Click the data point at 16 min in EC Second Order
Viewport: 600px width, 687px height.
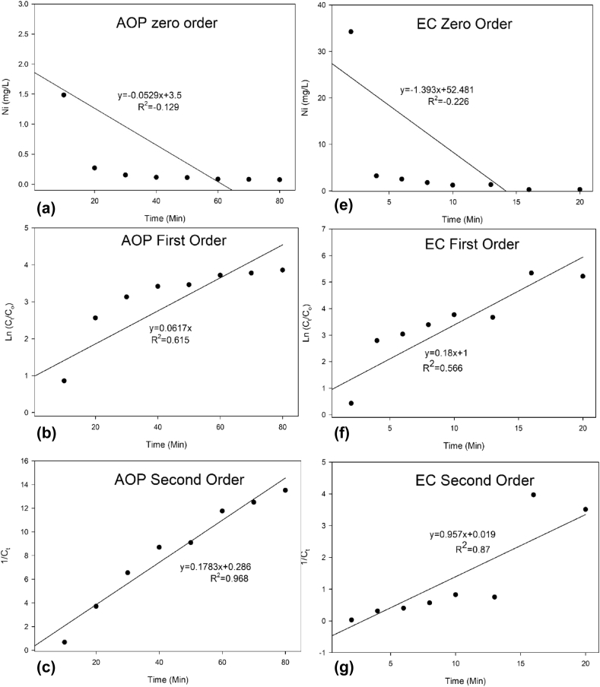(533, 495)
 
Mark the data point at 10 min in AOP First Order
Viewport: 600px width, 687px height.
(64, 381)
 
